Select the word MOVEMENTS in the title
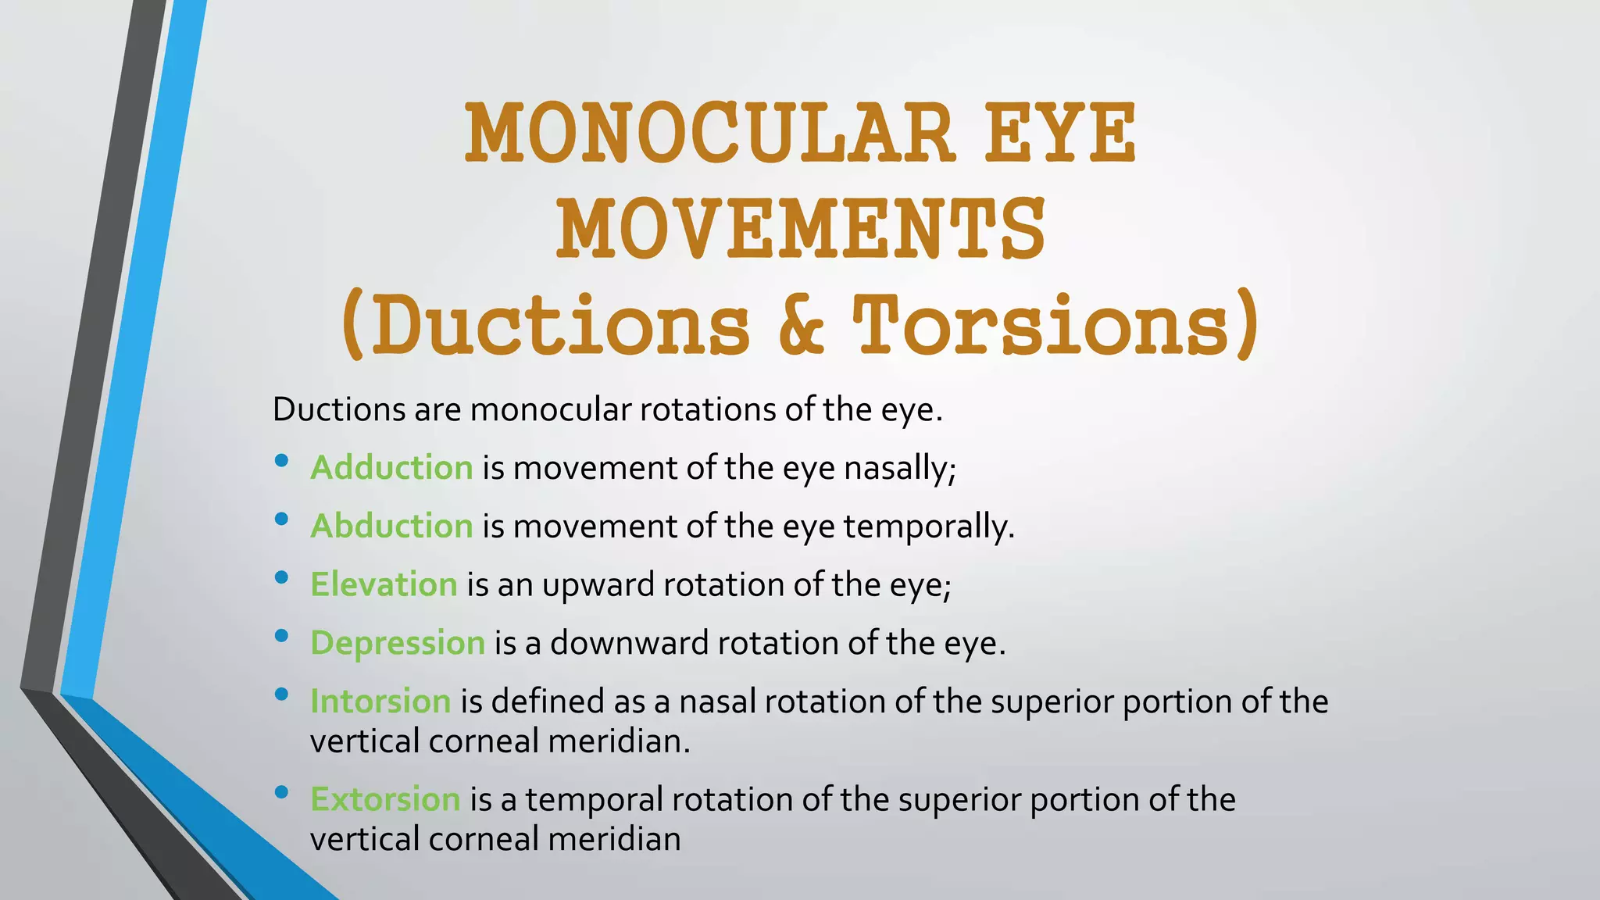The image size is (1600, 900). point(800,229)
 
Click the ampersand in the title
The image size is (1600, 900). point(802,324)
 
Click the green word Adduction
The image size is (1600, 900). point(391,468)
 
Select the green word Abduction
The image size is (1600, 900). point(391,526)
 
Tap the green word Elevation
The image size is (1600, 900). point(384,584)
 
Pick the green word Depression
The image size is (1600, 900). point(398,643)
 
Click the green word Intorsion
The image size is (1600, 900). point(380,702)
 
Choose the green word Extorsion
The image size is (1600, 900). point(385,799)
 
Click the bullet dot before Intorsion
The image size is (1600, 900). point(282,694)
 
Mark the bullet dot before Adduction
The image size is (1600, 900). point(282,461)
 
